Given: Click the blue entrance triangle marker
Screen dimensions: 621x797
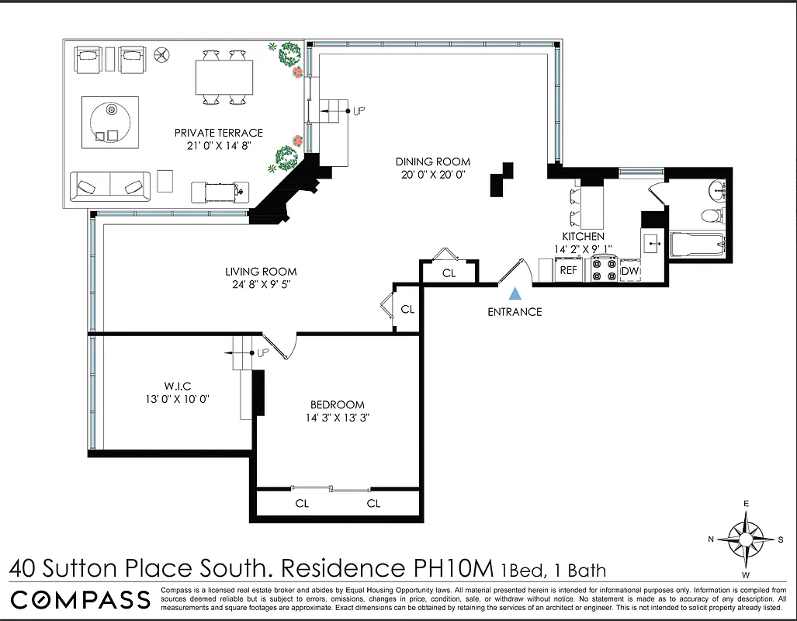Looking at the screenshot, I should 514,294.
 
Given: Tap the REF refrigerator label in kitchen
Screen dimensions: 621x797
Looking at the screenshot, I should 569,271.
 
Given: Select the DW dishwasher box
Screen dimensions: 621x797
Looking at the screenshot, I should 629,271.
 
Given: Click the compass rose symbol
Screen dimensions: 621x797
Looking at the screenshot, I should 746,539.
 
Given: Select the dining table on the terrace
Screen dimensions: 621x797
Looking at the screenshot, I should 224,78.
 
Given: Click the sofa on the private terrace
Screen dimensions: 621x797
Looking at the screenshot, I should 110,186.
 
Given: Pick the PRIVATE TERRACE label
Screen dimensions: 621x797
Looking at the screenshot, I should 218,133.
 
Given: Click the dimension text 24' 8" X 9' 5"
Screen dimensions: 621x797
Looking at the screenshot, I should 261,285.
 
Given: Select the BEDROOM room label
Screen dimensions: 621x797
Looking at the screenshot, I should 337,404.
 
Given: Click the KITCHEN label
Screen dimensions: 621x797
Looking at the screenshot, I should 583,236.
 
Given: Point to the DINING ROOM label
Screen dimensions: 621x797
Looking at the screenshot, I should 432,161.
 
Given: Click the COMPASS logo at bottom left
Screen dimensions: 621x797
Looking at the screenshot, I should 80,599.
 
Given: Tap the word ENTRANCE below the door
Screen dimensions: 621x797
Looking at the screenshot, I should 514,312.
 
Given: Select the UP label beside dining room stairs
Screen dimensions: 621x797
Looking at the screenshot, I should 359,111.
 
